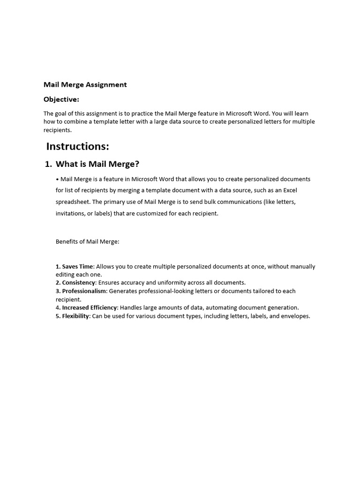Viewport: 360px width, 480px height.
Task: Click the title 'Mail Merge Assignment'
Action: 85,85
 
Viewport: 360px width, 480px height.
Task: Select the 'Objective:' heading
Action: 61,99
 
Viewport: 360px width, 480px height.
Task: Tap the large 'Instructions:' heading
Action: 78,146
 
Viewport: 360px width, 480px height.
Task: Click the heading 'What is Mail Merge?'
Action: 97,164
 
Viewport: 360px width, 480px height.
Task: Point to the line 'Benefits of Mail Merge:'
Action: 88,242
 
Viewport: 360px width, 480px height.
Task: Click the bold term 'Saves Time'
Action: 77,266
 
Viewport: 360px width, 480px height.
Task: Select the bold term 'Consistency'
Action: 79,283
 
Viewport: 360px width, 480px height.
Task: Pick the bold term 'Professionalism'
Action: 84,291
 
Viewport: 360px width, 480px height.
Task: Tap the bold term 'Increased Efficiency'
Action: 89,308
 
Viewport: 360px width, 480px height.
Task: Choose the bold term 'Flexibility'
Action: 75,316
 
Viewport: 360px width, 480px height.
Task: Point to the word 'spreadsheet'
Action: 73,202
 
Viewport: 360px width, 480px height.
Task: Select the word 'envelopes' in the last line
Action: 294,316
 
